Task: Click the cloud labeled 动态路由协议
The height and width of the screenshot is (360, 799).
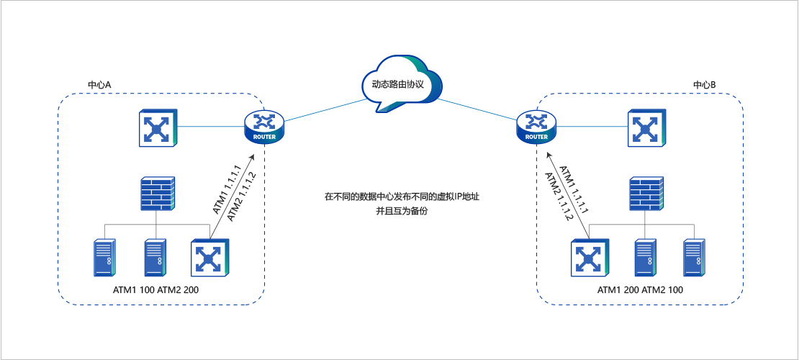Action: click(397, 85)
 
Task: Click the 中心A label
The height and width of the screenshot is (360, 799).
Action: click(99, 85)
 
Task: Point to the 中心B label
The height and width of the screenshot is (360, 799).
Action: click(704, 85)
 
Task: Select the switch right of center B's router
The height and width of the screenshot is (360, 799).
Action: click(646, 128)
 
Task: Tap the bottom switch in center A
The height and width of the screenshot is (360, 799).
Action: click(209, 258)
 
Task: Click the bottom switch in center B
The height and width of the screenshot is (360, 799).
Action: click(590, 258)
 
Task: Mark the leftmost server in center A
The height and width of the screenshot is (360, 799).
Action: click(104, 257)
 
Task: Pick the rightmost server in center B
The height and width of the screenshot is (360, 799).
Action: click(693, 257)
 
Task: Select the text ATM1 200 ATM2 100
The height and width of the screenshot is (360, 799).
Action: click(641, 289)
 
